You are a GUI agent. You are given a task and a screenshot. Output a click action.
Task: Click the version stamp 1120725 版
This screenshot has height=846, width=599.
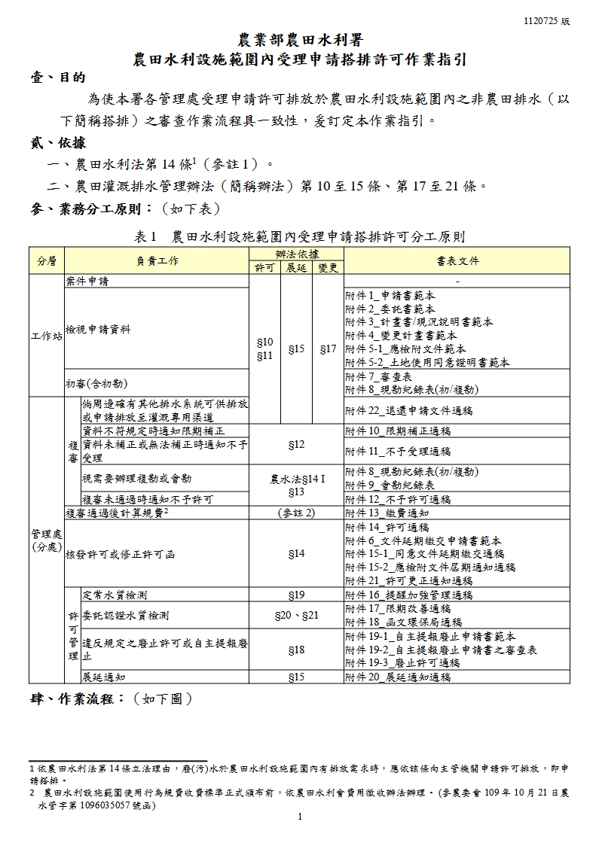coord(547,21)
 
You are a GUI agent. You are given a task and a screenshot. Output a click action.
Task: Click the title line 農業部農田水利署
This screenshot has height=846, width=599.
coord(299,40)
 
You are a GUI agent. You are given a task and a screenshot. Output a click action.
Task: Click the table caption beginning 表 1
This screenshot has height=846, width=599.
coord(299,236)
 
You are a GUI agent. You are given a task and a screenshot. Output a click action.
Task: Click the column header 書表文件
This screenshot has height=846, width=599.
coord(457,261)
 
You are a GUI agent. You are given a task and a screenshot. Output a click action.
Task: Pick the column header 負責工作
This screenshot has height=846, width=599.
coord(157,261)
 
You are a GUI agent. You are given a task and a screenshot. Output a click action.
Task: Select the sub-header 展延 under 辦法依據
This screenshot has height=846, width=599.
coord(296,268)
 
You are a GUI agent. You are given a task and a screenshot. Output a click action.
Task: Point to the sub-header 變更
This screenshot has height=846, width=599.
coord(328,268)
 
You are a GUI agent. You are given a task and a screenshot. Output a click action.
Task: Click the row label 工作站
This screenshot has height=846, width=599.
coord(47,336)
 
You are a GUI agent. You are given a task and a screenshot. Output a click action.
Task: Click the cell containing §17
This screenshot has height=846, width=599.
coord(328,349)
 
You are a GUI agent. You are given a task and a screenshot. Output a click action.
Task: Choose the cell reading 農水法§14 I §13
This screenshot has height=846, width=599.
coord(296,485)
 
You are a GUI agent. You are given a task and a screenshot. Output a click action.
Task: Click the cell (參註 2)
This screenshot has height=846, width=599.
coord(296,513)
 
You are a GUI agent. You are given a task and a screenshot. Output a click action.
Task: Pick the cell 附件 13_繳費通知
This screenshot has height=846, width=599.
coord(387,513)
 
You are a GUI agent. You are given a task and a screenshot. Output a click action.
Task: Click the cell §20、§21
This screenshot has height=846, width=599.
coord(296,615)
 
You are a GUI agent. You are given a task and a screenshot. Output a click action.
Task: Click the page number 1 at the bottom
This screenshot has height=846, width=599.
coord(300,817)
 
